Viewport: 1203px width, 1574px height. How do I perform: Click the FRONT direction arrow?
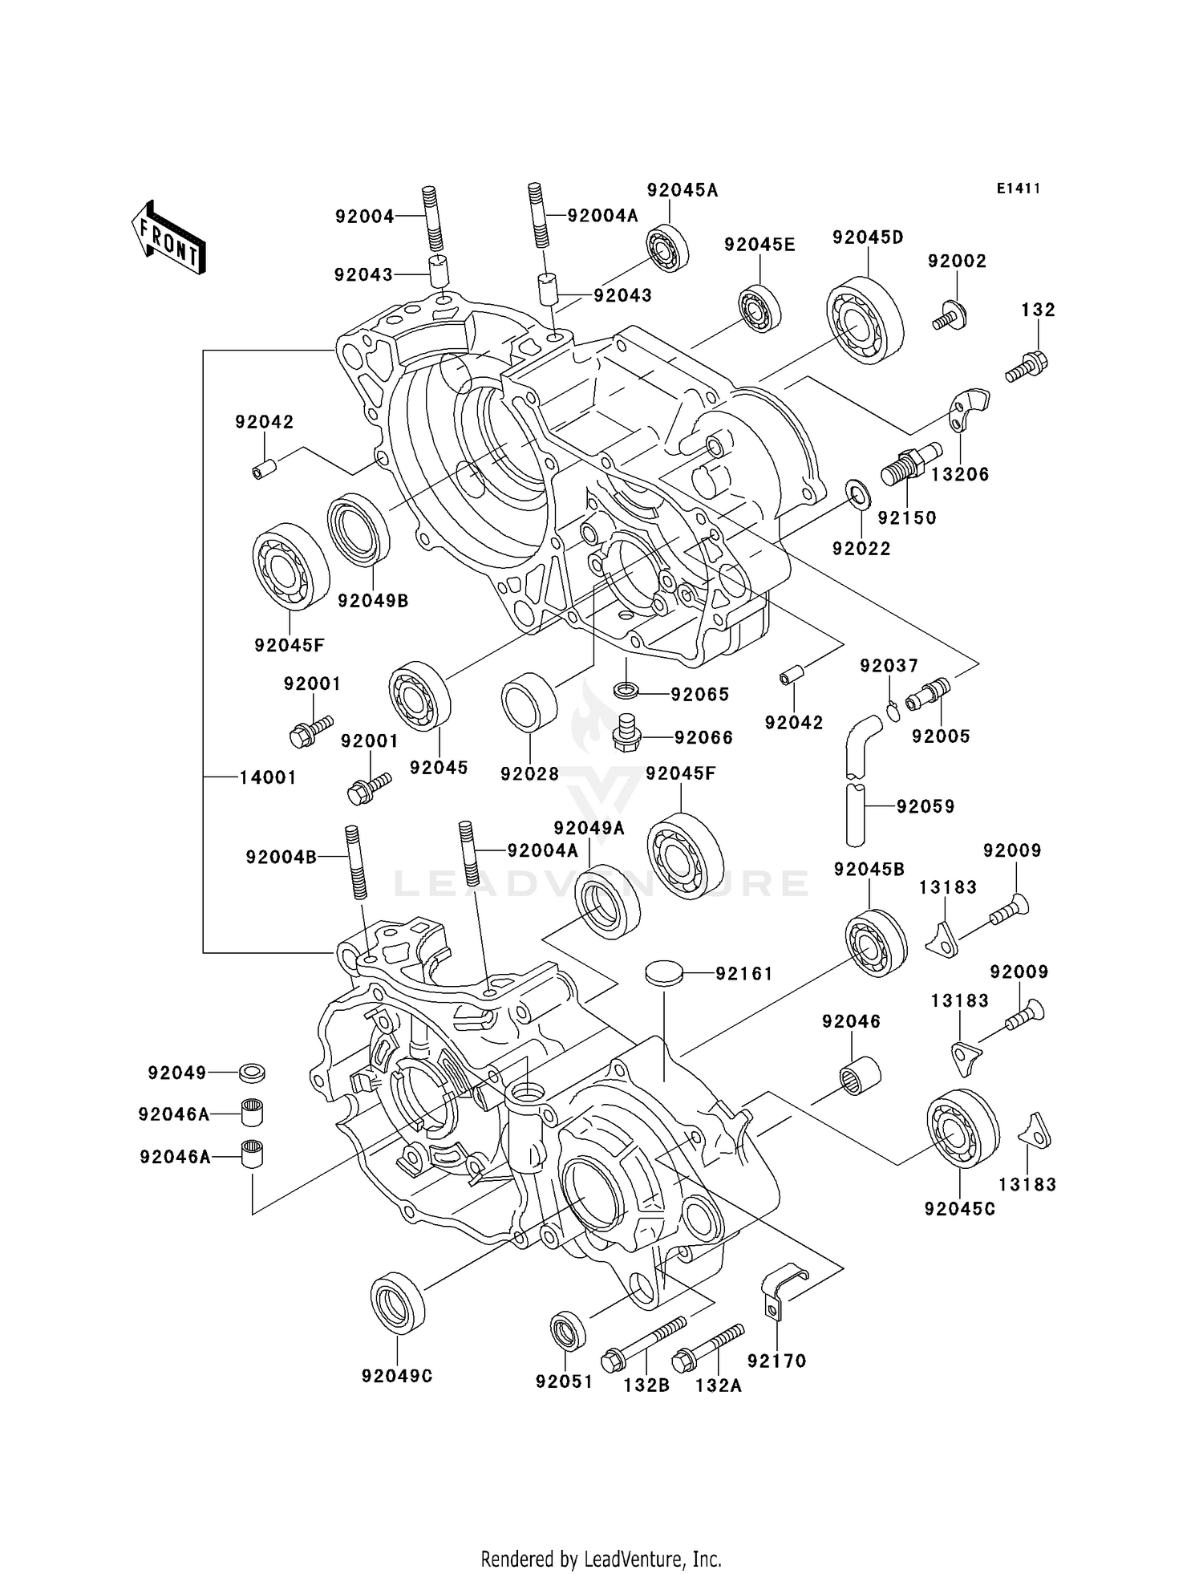click(x=168, y=238)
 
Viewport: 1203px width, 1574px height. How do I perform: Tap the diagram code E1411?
click(x=1019, y=189)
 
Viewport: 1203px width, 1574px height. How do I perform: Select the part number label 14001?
click(x=268, y=777)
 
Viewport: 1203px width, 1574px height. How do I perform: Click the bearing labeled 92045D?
click(x=865, y=320)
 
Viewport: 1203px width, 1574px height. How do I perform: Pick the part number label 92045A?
click(x=683, y=190)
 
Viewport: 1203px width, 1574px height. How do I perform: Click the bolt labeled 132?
click(x=1027, y=367)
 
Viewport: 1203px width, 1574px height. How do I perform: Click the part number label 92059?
click(x=926, y=806)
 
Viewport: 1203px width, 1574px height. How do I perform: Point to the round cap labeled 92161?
click(x=664, y=973)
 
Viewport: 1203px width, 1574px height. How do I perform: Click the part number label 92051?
click(x=564, y=1381)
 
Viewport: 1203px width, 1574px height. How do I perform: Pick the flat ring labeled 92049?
click(x=252, y=1072)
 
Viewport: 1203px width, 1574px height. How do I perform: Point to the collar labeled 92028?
click(x=529, y=701)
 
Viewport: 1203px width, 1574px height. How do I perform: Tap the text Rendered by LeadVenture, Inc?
click(x=601, y=1559)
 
